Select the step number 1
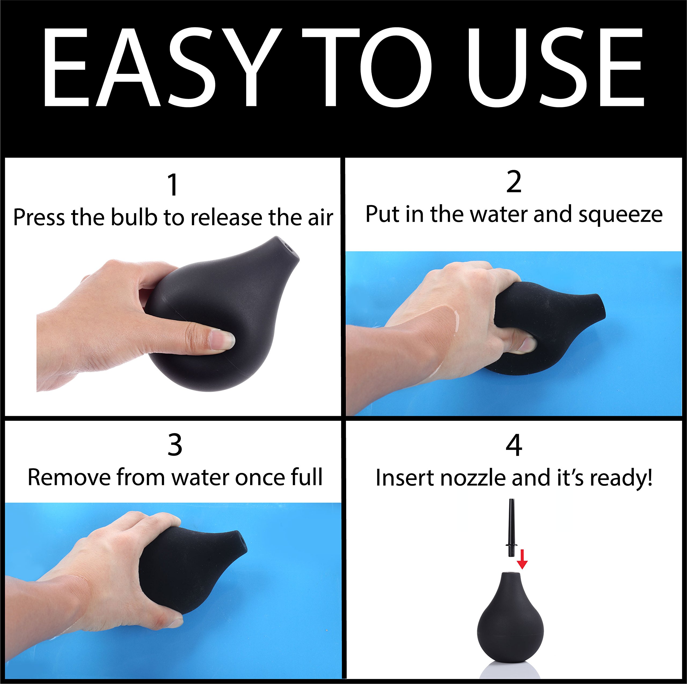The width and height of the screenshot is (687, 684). [x=173, y=185]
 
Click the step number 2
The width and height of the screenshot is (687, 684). [x=514, y=182]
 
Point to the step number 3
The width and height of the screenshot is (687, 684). [x=175, y=445]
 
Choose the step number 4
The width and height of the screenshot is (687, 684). [x=514, y=445]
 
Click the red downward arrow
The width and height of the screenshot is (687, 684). [x=522, y=559]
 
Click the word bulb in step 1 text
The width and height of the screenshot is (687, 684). [x=134, y=217]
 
